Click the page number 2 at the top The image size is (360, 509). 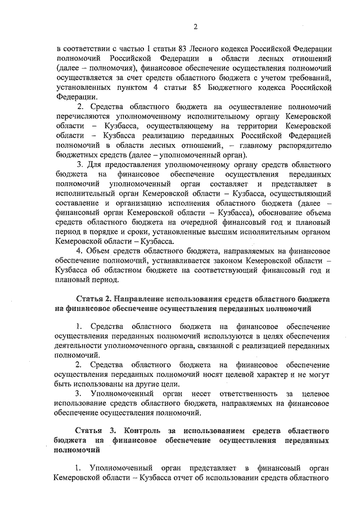pyautogui.click(x=195, y=26)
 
